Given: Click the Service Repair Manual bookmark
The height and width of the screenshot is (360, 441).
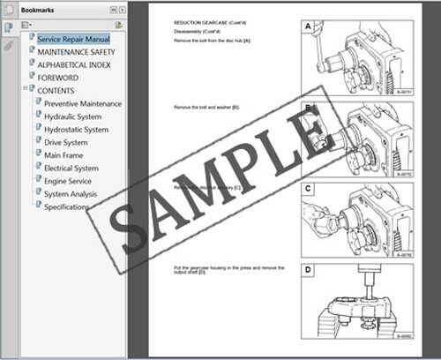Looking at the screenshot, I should pos(73,40).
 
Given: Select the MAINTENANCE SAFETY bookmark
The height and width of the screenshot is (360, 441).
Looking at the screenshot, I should pos(76,52).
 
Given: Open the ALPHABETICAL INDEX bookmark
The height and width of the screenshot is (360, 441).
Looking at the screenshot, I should pos(75,64).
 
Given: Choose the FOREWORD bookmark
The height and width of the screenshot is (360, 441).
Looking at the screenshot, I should pos(57,78).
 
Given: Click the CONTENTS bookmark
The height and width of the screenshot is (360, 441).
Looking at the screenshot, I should pos(56,90).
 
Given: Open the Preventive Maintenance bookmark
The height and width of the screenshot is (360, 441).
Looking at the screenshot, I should pos(83,103).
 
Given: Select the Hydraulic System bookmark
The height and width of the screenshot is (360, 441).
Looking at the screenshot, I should pos(72,116).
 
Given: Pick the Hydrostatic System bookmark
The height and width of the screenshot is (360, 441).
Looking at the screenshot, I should pos(76,130).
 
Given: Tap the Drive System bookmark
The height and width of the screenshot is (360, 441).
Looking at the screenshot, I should pos(65,142).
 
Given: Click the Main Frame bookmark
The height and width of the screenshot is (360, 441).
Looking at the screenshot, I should pos(64,155).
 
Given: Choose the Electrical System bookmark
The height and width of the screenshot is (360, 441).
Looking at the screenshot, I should pos(71,168).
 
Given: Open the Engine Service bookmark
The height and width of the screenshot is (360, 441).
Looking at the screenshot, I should pos(68,181).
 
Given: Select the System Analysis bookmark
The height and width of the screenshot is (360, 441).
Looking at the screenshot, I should pos(71,193).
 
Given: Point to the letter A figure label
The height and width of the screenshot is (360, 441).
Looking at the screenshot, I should pos(308,26).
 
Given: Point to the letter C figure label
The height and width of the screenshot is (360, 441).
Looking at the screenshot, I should pos(308,188).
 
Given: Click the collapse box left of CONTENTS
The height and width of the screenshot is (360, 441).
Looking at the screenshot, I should pos(26,90).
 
